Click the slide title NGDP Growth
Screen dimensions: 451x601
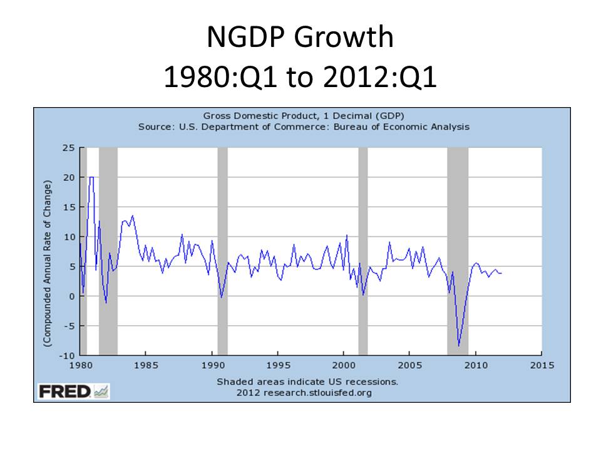click(300, 39)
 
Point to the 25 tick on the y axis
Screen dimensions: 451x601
click(68, 148)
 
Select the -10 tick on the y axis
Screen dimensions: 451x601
click(66, 355)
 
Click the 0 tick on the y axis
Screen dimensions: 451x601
click(71, 296)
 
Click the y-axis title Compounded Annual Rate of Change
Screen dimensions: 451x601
click(47, 263)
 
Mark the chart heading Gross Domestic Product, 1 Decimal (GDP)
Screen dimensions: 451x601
click(304, 116)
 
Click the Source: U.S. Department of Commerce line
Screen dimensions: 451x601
click(304, 127)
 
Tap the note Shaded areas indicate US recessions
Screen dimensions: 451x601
click(307, 381)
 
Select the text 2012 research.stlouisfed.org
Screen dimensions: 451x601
click(304, 393)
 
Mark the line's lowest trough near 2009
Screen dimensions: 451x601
click(459, 345)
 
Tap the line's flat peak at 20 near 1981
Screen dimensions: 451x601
click(91, 177)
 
